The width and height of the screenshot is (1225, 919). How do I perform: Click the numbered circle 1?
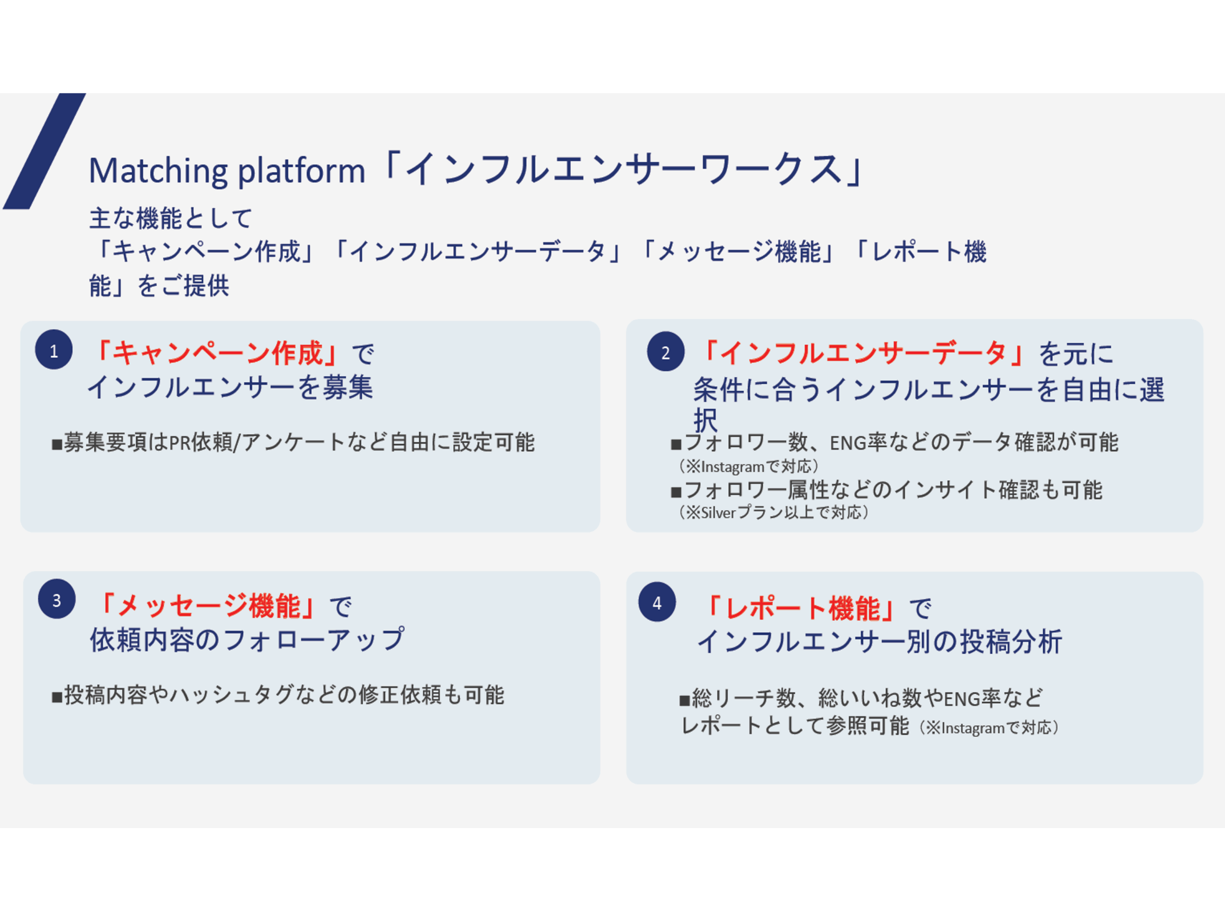(54, 349)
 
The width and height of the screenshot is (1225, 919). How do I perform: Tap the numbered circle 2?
(666, 351)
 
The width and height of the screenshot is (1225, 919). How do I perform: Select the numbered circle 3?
(56, 599)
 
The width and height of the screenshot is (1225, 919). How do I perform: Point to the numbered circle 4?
(657, 602)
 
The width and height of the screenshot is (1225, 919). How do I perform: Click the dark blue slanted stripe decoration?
(45, 151)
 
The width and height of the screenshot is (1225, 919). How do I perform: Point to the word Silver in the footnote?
(718, 513)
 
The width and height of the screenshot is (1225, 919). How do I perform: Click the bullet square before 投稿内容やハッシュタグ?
(56, 697)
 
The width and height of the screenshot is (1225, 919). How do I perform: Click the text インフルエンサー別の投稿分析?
(880, 642)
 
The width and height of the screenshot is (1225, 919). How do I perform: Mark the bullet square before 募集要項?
(56, 444)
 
